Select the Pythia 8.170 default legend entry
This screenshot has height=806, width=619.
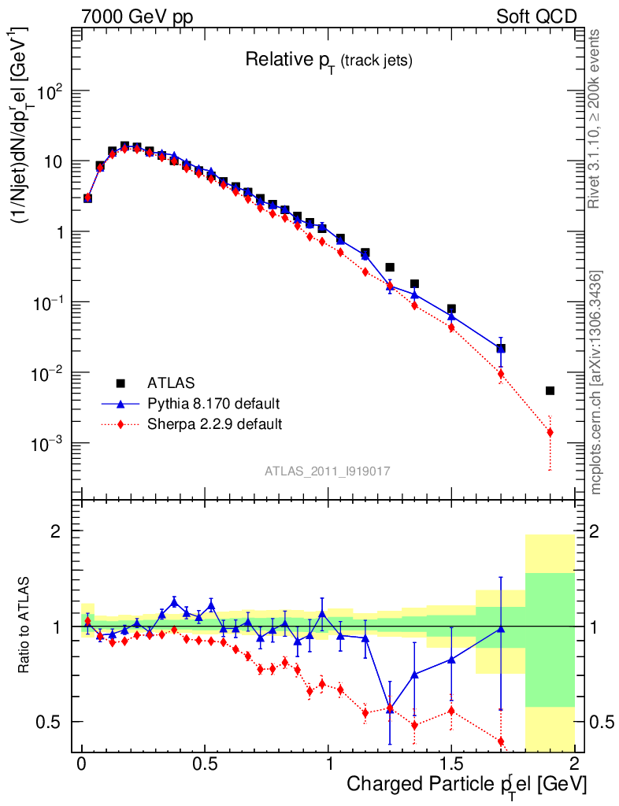[x=213, y=404]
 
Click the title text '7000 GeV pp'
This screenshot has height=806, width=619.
[x=137, y=17]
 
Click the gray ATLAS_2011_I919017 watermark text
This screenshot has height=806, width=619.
[x=328, y=471]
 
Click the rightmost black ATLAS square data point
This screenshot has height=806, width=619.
[x=550, y=390]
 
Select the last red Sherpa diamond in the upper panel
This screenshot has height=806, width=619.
[x=550, y=432]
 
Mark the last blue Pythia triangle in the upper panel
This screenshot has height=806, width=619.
[x=501, y=347]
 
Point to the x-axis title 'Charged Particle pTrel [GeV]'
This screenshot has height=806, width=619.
[x=466, y=785]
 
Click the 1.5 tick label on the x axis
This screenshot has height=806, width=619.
[x=451, y=763]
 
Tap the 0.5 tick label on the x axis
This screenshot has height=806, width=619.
[x=206, y=763]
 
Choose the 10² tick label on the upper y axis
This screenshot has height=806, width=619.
[x=50, y=91]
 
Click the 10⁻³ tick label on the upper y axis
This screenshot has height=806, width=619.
[x=50, y=444]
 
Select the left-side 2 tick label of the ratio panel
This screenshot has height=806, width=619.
[x=57, y=531]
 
